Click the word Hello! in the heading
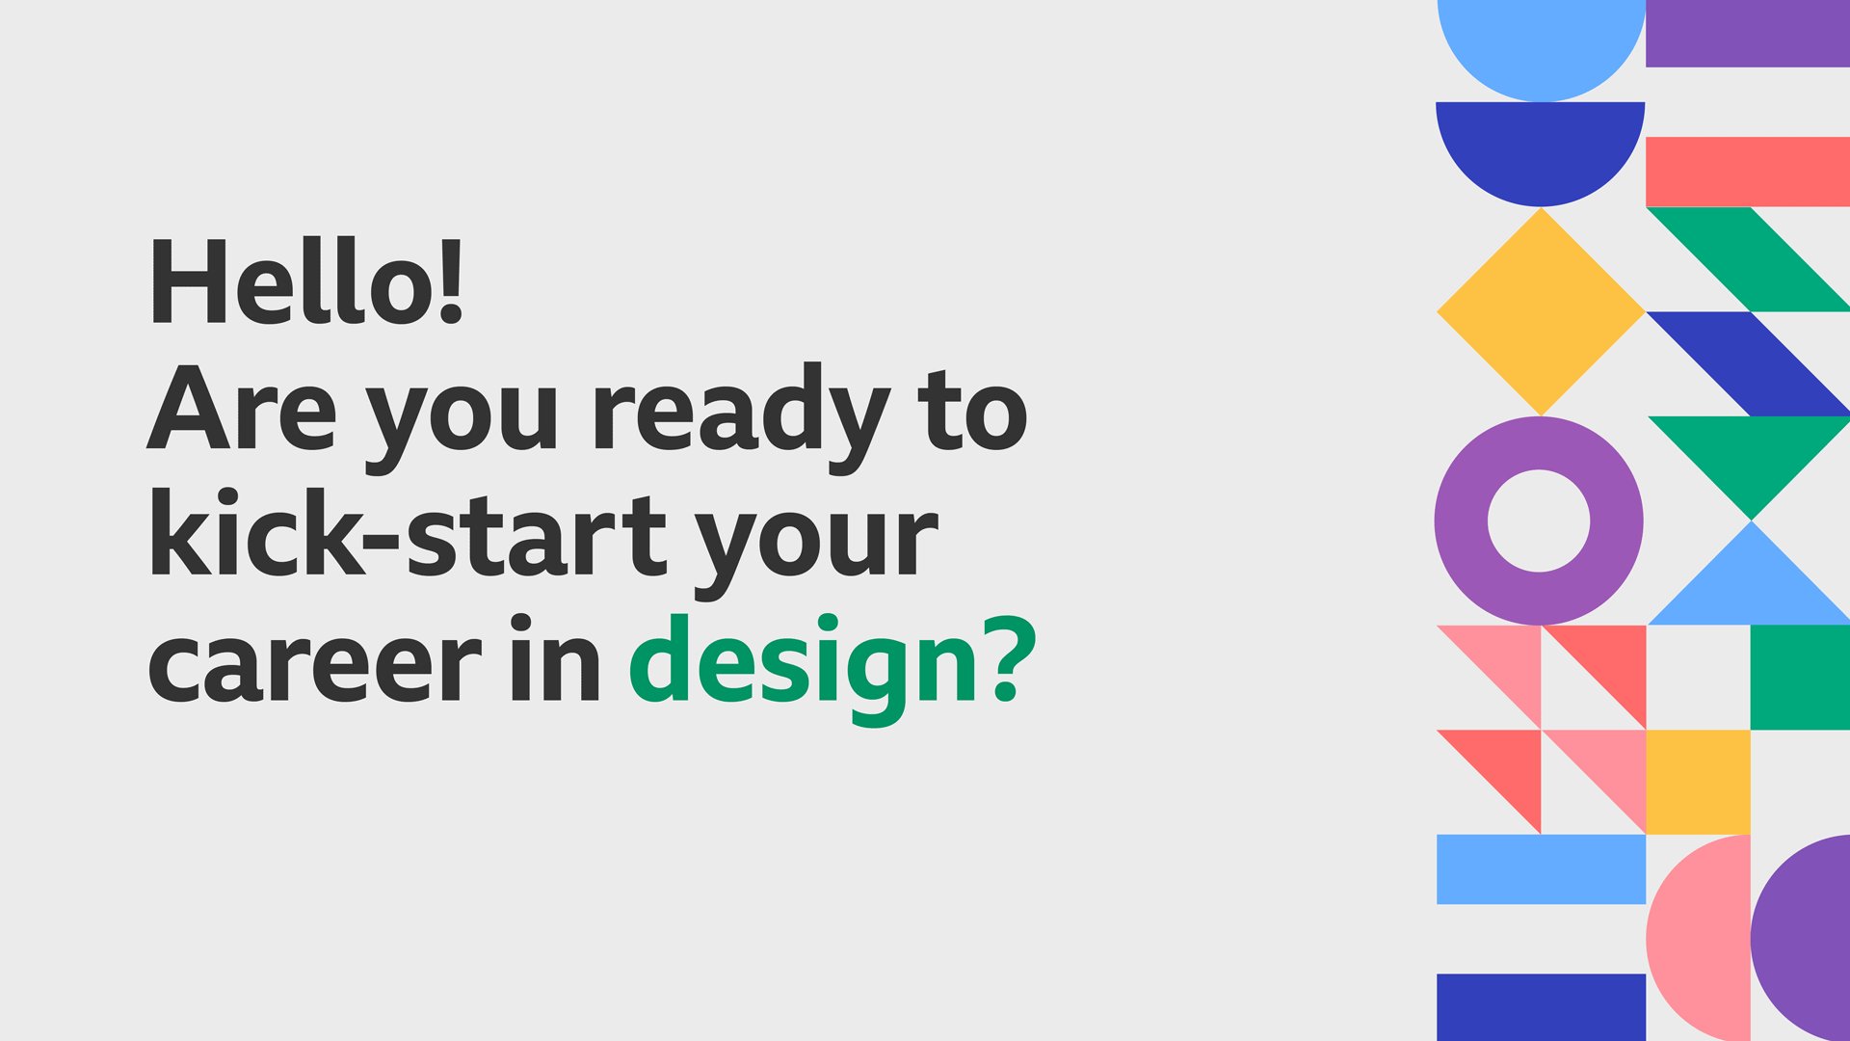click(x=306, y=280)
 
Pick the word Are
click(x=242, y=410)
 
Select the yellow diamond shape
click(x=1540, y=311)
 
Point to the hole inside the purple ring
click(x=1539, y=520)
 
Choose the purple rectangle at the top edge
click(x=1747, y=33)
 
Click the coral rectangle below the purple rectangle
click(x=1747, y=172)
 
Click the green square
click(x=1799, y=677)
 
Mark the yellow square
click(x=1697, y=782)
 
